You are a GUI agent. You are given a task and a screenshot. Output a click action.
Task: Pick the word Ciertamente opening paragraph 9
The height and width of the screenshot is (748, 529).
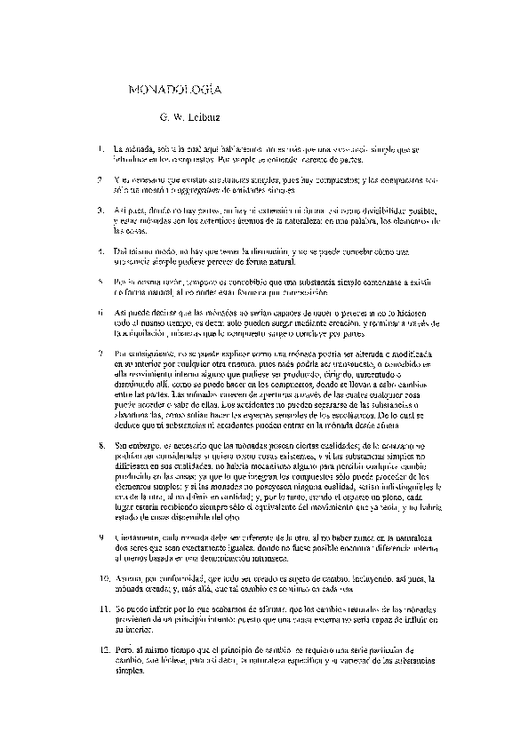click(136, 537)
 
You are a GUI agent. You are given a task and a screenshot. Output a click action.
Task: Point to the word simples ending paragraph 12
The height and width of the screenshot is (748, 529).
click(128, 672)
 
